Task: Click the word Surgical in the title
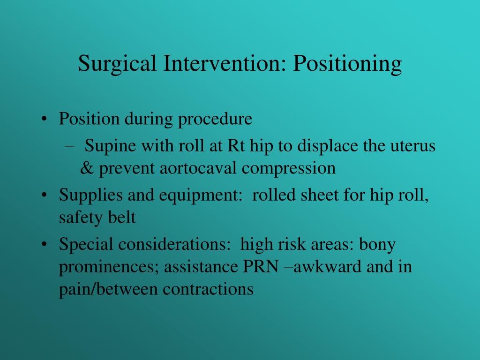(x=117, y=64)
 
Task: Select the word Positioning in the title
(x=347, y=64)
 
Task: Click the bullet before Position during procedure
(x=45, y=119)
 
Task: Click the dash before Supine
(x=70, y=146)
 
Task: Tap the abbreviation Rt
(x=236, y=145)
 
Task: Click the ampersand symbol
(x=87, y=168)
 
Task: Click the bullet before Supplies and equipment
(x=45, y=195)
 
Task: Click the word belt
(x=122, y=217)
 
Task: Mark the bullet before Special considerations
(x=45, y=244)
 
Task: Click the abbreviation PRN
(x=261, y=267)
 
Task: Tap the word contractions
(x=208, y=289)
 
